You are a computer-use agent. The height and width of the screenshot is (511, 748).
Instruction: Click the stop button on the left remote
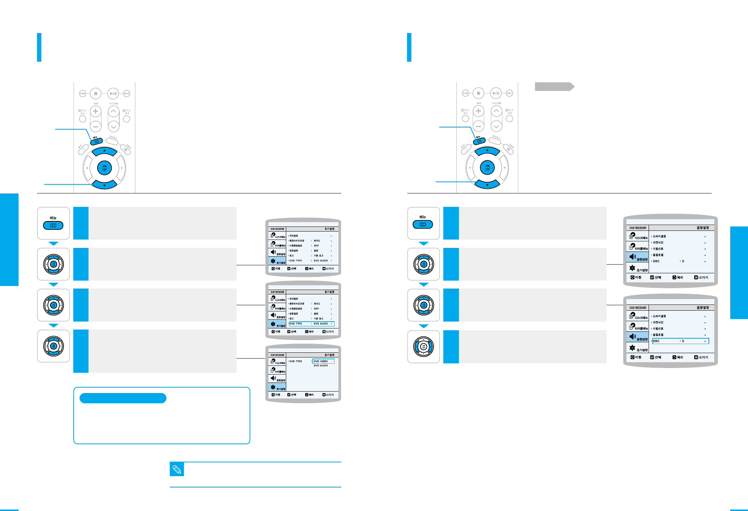96,94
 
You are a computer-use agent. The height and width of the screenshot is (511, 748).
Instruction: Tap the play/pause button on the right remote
496,93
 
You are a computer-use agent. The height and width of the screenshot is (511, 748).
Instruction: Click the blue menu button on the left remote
96,142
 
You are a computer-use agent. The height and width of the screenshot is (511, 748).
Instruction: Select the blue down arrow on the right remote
487,184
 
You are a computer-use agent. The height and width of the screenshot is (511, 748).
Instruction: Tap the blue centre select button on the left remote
104,168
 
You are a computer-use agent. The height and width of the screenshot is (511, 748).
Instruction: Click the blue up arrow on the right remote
487,151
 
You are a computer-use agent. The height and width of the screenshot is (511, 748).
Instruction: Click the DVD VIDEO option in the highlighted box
323,361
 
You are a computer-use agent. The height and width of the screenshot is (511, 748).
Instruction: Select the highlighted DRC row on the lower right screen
680,341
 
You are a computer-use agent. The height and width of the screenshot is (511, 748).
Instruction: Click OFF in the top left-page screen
316,246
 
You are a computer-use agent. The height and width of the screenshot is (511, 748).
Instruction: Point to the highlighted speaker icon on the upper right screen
633,257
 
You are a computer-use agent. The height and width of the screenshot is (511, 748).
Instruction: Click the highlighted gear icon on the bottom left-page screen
273,387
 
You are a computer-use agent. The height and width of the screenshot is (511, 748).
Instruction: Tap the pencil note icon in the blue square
177,469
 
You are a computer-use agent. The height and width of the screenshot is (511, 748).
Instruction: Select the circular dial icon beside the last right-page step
423,347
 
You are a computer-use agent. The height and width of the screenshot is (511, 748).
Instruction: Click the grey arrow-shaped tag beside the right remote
554,87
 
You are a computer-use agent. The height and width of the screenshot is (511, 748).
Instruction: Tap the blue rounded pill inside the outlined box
123,398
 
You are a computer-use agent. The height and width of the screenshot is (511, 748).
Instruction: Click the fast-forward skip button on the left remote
127,94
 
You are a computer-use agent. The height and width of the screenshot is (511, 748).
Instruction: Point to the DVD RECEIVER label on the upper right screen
638,228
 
